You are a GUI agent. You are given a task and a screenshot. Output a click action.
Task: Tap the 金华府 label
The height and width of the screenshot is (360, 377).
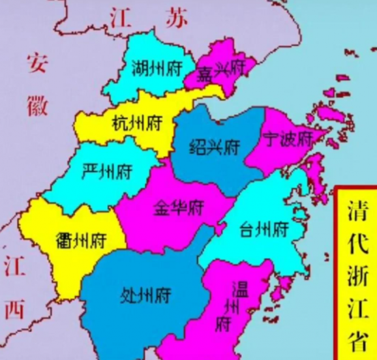[179, 209]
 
